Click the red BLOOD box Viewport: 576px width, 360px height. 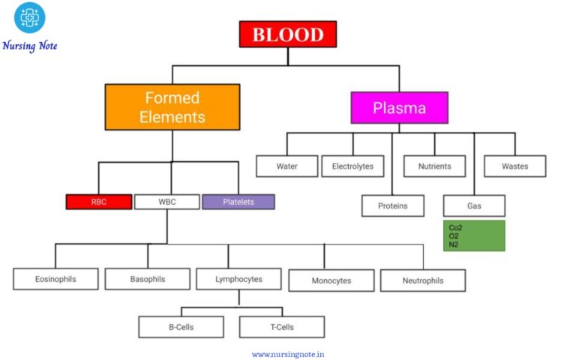point(288,34)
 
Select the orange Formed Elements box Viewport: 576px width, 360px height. point(172,107)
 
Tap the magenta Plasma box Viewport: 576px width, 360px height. point(399,108)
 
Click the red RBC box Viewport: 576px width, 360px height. point(98,202)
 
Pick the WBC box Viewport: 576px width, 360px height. point(166,202)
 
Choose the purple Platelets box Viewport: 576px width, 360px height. point(238,202)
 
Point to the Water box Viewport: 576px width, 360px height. point(286,166)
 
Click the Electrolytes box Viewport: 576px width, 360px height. point(352,166)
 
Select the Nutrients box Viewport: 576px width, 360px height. point(434,166)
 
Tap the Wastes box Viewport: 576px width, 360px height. point(514,166)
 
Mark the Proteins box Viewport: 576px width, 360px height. point(392,205)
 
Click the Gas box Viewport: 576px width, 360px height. point(474,205)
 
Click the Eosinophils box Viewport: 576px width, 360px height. point(55,279)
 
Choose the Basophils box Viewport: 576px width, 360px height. point(147,279)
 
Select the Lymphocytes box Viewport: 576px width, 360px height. point(238,279)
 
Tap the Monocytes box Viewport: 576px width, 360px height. point(331,280)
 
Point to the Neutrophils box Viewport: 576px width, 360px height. point(422,280)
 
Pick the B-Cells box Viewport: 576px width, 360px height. point(181,327)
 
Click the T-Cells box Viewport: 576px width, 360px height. point(281,327)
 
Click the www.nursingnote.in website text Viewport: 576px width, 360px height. point(288,354)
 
